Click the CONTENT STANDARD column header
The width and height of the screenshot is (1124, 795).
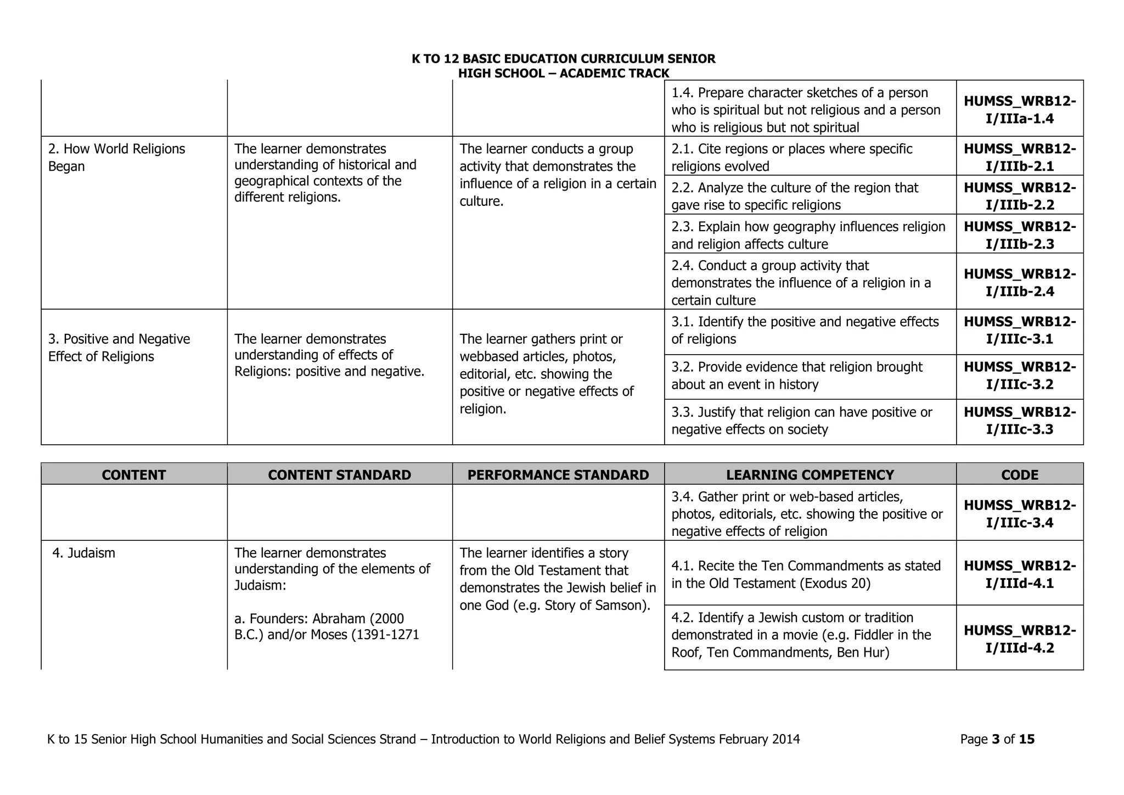[x=339, y=474]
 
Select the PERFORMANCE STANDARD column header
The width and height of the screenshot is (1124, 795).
[x=558, y=474]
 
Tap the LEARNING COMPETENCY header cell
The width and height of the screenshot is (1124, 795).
[x=810, y=474]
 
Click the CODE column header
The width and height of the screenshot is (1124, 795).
[x=1019, y=474]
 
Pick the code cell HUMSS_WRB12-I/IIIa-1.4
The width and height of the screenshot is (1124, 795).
[x=1019, y=110]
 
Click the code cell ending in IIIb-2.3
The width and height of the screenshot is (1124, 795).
[x=1019, y=235]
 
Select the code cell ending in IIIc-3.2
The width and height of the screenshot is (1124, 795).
[x=1019, y=376]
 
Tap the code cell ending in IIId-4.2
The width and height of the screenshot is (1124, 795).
[x=1019, y=639]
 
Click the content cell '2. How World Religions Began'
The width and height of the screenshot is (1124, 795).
[x=116, y=158]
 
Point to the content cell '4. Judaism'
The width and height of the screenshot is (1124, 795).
[x=84, y=553]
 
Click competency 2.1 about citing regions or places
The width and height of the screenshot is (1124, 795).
[x=791, y=158]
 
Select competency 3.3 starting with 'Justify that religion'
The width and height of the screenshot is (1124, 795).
[x=801, y=421]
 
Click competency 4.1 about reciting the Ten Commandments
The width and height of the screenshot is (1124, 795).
[x=805, y=574]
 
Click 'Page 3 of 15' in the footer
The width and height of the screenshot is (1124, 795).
[x=997, y=739]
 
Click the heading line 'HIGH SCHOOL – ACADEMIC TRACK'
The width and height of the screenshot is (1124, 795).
[x=563, y=73]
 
